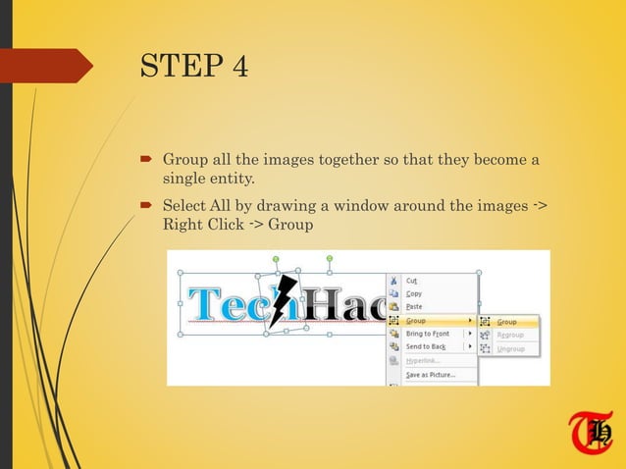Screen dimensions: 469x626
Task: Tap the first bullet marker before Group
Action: coord(144,159)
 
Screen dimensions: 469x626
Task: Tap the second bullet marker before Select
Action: coord(144,205)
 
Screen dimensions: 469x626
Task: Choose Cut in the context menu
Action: coord(412,281)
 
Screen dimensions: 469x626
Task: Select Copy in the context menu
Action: coord(414,293)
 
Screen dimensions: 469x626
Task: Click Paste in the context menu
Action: coord(414,306)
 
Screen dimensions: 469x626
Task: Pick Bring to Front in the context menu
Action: coord(427,334)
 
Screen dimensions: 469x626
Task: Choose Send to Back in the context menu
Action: coord(426,346)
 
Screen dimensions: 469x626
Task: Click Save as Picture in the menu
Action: coord(431,375)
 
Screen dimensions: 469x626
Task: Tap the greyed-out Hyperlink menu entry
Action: coord(423,360)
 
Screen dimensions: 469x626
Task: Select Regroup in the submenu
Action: coord(510,335)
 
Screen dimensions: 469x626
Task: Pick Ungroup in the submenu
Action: coord(510,348)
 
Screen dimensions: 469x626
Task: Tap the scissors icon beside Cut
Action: coord(393,281)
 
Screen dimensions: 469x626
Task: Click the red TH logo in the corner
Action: coord(590,433)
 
